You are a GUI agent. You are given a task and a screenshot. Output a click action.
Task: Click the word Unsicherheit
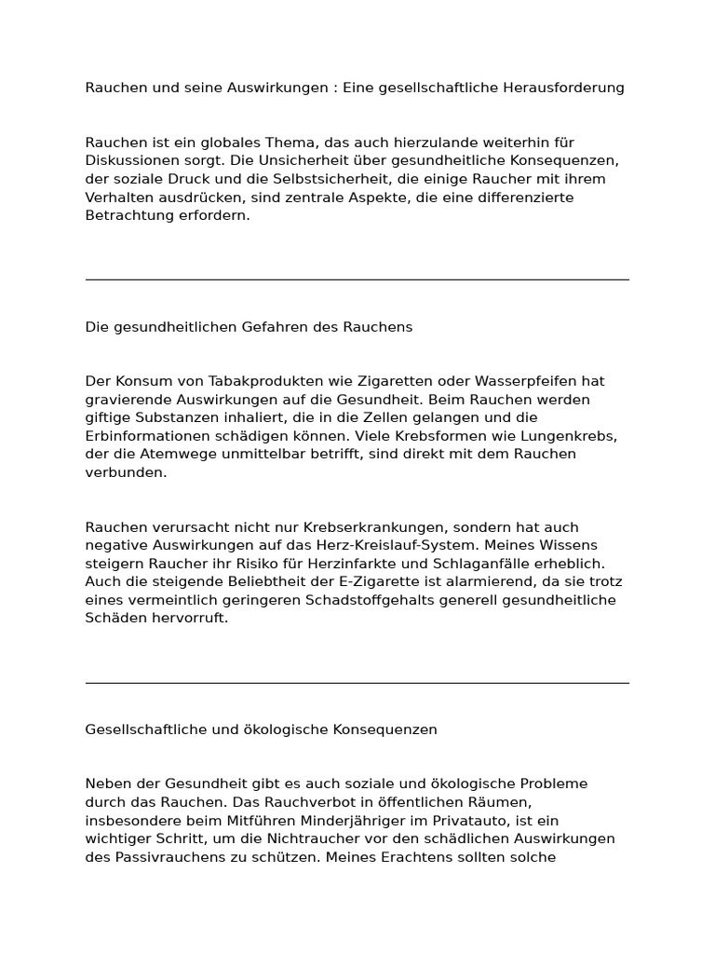click(x=277, y=160)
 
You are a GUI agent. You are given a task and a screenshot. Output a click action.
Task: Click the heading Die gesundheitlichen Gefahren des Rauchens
click(x=249, y=327)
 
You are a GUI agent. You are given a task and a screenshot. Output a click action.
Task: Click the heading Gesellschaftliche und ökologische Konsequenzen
click(x=261, y=729)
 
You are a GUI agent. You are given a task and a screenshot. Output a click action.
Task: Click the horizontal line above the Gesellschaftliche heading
click(x=357, y=683)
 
